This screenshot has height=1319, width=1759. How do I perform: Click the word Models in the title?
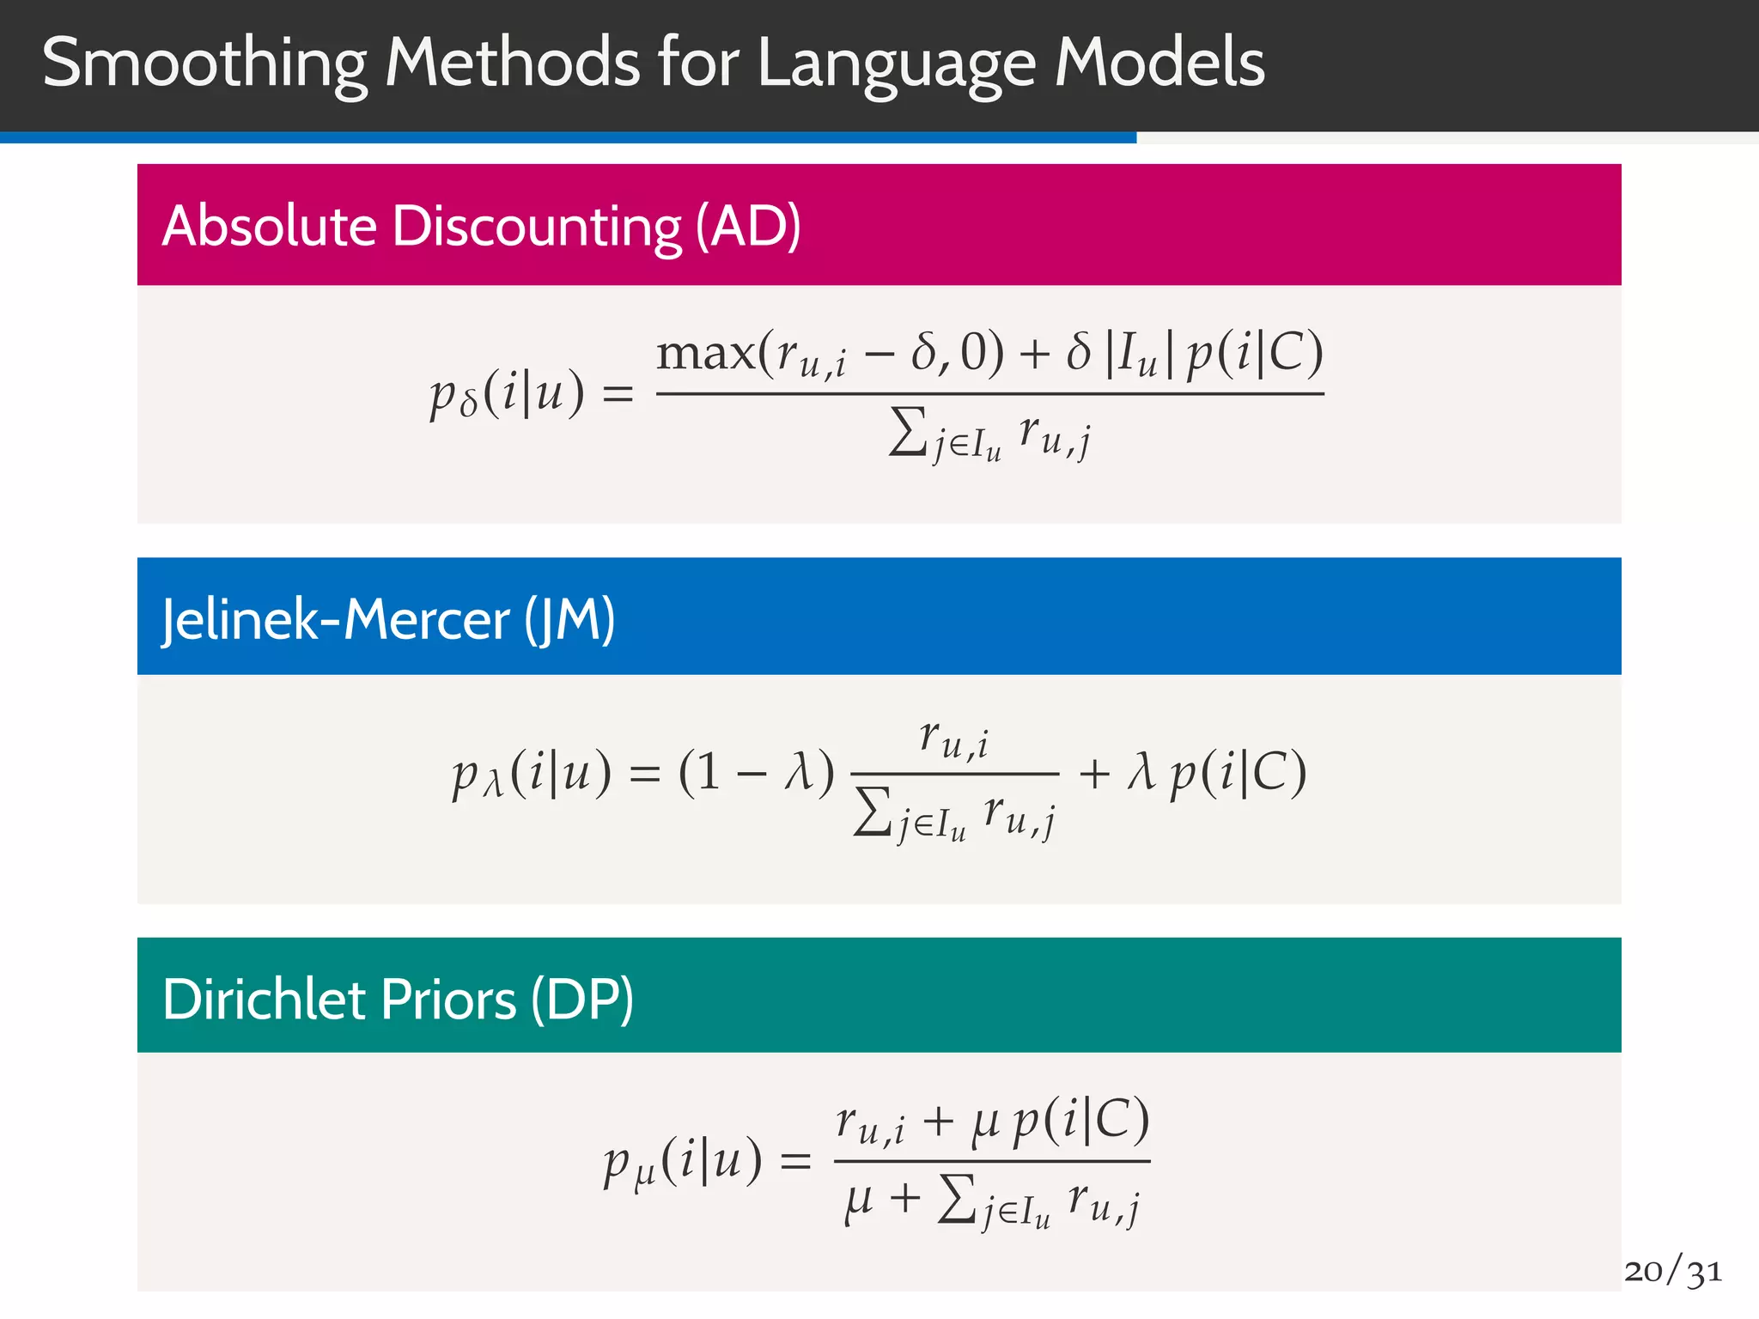(1159, 63)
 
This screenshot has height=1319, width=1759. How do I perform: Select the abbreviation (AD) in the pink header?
(748, 226)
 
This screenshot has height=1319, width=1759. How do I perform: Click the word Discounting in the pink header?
(537, 228)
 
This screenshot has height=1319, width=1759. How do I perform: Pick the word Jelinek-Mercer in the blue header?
(336, 620)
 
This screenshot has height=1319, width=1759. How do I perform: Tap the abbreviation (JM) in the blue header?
(570, 620)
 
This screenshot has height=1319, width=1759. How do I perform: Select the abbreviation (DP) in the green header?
(582, 1000)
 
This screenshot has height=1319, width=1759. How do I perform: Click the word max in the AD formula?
(706, 354)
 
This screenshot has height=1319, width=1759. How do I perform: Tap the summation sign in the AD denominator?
(908, 431)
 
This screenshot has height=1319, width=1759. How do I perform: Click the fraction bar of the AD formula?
(989, 394)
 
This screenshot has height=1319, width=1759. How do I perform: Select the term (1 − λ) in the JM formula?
(756, 772)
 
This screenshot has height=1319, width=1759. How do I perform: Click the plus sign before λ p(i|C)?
(1094, 772)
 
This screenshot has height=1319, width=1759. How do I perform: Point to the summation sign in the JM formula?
(873, 811)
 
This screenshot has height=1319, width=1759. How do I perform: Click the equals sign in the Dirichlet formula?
(794, 1163)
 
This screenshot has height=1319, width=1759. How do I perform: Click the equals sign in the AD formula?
(618, 394)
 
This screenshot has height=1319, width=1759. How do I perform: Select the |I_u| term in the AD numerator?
(1139, 355)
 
